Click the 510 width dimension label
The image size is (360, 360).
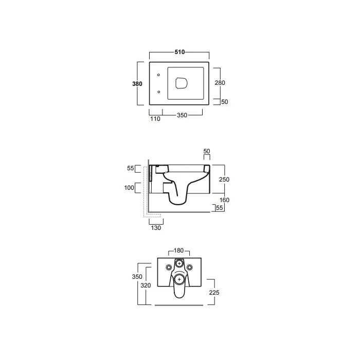[179, 52]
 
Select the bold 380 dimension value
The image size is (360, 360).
[137, 84]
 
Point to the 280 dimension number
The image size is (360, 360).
[220, 83]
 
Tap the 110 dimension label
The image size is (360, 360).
[155, 119]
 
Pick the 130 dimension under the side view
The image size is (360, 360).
[156, 228]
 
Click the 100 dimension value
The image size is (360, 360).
[129, 188]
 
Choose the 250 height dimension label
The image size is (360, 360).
[224, 179]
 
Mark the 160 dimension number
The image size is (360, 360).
[224, 200]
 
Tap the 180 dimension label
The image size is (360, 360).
[178, 250]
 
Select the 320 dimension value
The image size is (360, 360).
[146, 285]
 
